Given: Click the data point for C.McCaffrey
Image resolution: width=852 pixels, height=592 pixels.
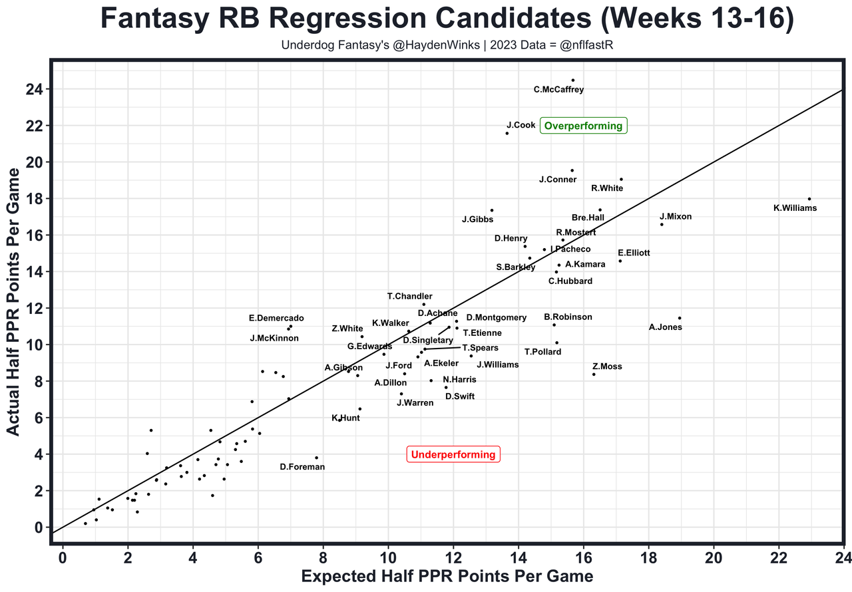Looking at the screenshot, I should coord(572,80).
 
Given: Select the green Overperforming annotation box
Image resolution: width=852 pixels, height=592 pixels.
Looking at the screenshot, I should coord(583,126).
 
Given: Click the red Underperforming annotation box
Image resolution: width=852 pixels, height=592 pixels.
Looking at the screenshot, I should coord(453,455).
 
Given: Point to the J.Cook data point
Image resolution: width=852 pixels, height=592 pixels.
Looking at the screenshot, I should coord(507,133).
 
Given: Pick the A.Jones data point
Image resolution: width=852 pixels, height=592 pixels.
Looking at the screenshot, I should coord(680,318).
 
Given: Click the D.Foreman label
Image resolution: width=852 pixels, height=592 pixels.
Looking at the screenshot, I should coord(302,467).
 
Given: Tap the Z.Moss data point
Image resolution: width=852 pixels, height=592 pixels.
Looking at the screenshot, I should coord(594,374).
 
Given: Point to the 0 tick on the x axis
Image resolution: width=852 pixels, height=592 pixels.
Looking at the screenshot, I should coord(63,556).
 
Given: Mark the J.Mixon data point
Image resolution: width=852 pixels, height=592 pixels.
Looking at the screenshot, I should coord(662,224).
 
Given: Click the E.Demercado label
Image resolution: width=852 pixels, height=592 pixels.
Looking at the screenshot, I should coord(276,318).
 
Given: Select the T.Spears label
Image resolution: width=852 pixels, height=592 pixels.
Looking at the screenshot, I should coord(480,348).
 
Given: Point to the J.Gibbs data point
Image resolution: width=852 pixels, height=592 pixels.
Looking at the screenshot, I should coord(492,210).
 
